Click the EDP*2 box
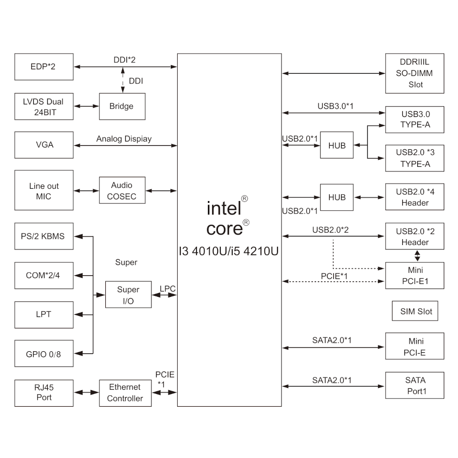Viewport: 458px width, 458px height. click(x=44, y=67)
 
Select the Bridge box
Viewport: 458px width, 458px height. click(x=122, y=106)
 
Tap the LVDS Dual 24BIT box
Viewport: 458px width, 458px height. click(x=44, y=106)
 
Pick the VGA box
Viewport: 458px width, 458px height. click(x=44, y=145)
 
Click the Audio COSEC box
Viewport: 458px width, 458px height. click(x=122, y=191)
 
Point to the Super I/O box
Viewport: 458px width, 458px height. click(x=128, y=295)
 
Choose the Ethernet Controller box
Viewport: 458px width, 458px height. click(x=125, y=393)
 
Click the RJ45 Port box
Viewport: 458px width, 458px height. click(x=44, y=393)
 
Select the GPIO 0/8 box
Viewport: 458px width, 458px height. click(x=44, y=354)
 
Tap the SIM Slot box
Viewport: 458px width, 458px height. click(x=416, y=311)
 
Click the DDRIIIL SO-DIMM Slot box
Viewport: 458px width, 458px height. click(x=415, y=73)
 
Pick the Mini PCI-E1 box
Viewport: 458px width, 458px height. click(x=415, y=276)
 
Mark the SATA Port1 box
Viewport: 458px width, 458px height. click(x=415, y=386)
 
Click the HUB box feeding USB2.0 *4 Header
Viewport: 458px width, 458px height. click(x=337, y=197)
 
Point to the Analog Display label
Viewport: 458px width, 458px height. click(x=124, y=139)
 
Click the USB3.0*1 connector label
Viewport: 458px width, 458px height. click(x=336, y=107)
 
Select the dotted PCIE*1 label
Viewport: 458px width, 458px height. click(x=334, y=276)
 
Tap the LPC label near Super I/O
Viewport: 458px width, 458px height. click(x=167, y=289)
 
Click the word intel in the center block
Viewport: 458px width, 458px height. click(x=224, y=209)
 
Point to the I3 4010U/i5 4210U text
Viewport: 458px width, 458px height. click(x=229, y=251)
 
